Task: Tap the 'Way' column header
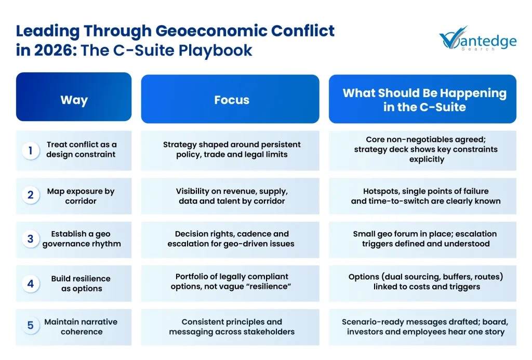pos(74,97)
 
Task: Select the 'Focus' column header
pos(230,99)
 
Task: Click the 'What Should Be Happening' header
pos(422,99)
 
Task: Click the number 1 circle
pos(31,150)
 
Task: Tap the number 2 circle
pos(31,195)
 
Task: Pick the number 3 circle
pos(31,239)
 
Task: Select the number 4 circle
pos(31,284)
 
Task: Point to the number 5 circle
pos(31,326)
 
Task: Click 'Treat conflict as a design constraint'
pos(82,149)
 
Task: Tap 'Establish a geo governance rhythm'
pos(82,239)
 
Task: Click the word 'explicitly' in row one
pos(427,159)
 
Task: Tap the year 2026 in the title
pos(52,50)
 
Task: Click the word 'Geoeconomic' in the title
pos(211,31)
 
